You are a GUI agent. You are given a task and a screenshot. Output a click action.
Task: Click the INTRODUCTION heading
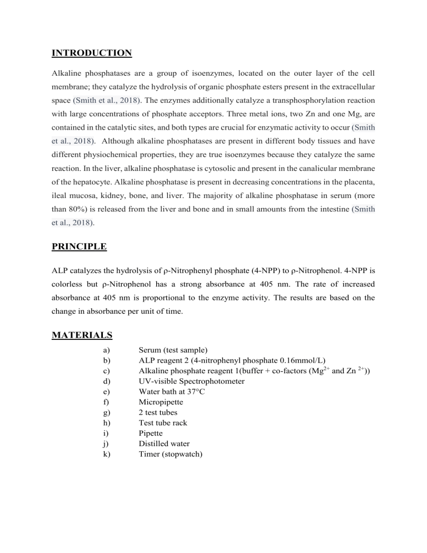[x=91, y=53]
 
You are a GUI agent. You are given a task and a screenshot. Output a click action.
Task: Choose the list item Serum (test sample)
[x=173, y=350]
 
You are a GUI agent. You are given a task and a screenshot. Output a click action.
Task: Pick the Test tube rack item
[x=163, y=422]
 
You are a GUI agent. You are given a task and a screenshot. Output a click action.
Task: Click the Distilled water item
[x=164, y=443]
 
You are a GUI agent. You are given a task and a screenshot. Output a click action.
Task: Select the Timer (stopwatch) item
[x=171, y=453]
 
